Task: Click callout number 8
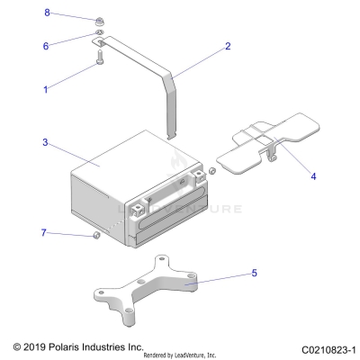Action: click(48, 13)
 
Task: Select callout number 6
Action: click(47, 44)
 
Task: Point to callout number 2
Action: click(228, 45)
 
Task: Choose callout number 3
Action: click(43, 142)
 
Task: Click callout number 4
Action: click(313, 176)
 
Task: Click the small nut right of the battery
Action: click(211, 169)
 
